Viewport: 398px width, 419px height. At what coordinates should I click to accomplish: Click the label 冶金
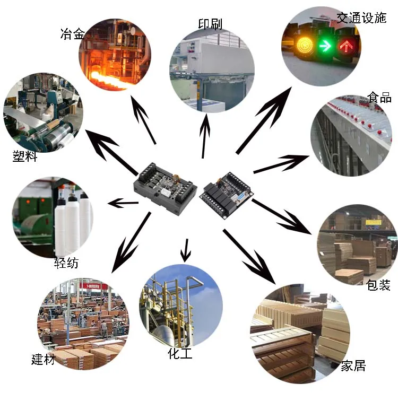click(72, 35)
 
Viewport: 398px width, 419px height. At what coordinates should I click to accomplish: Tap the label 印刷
click(210, 24)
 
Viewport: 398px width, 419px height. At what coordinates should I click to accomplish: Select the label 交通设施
click(361, 18)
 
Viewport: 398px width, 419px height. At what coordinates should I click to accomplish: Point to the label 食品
click(379, 98)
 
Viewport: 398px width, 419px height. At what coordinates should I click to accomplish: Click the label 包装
click(378, 285)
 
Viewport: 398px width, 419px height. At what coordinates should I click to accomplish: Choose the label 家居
click(353, 365)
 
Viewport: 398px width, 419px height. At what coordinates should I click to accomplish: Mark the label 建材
click(43, 359)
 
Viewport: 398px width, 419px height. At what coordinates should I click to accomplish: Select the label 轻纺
click(66, 263)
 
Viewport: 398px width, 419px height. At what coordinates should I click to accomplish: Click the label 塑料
click(25, 156)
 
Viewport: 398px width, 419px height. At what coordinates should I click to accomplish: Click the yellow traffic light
click(304, 45)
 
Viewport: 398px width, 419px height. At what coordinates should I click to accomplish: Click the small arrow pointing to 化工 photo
click(185, 250)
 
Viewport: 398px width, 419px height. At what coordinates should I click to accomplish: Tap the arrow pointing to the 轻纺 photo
click(123, 203)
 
